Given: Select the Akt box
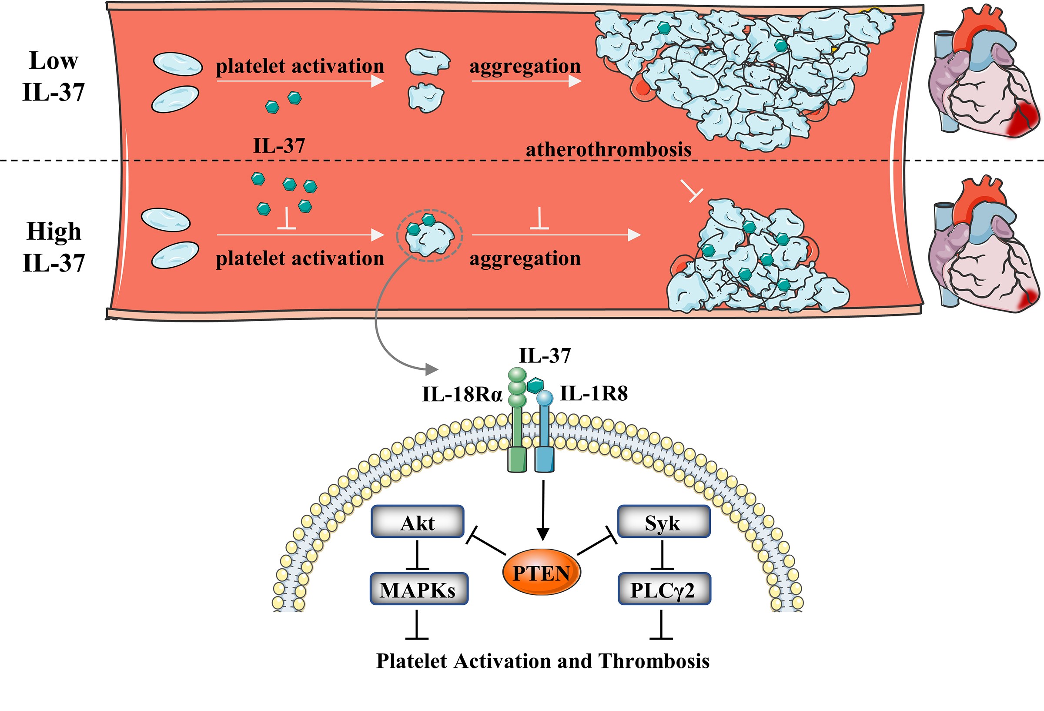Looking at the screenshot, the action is pyautogui.click(x=417, y=522).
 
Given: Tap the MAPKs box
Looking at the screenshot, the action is pyautogui.click(x=418, y=589).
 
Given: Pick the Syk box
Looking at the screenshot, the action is pyautogui.click(x=664, y=522).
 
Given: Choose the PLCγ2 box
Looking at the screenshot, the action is pyautogui.click(x=664, y=589).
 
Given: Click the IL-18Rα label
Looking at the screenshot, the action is pyautogui.click(x=462, y=395).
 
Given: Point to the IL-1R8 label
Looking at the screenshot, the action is pyautogui.click(x=594, y=394).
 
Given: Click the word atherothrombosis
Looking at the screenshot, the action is pyautogui.click(x=608, y=149).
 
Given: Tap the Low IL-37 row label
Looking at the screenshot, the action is pyautogui.click(x=54, y=77).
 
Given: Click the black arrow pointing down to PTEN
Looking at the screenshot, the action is pyautogui.click(x=543, y=510).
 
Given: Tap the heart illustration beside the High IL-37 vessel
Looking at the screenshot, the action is pyautogui.click(x=984, y=245).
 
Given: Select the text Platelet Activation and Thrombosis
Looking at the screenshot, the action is pyautogui.click(x=543, y=661).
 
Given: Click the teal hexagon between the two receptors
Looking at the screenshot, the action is pyautogui.click(x=535, y=385).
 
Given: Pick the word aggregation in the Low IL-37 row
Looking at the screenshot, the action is pyautogui.click(x=525, y=67).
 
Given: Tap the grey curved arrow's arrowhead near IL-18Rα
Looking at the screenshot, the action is pyautogui.click(x=432, y=369).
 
